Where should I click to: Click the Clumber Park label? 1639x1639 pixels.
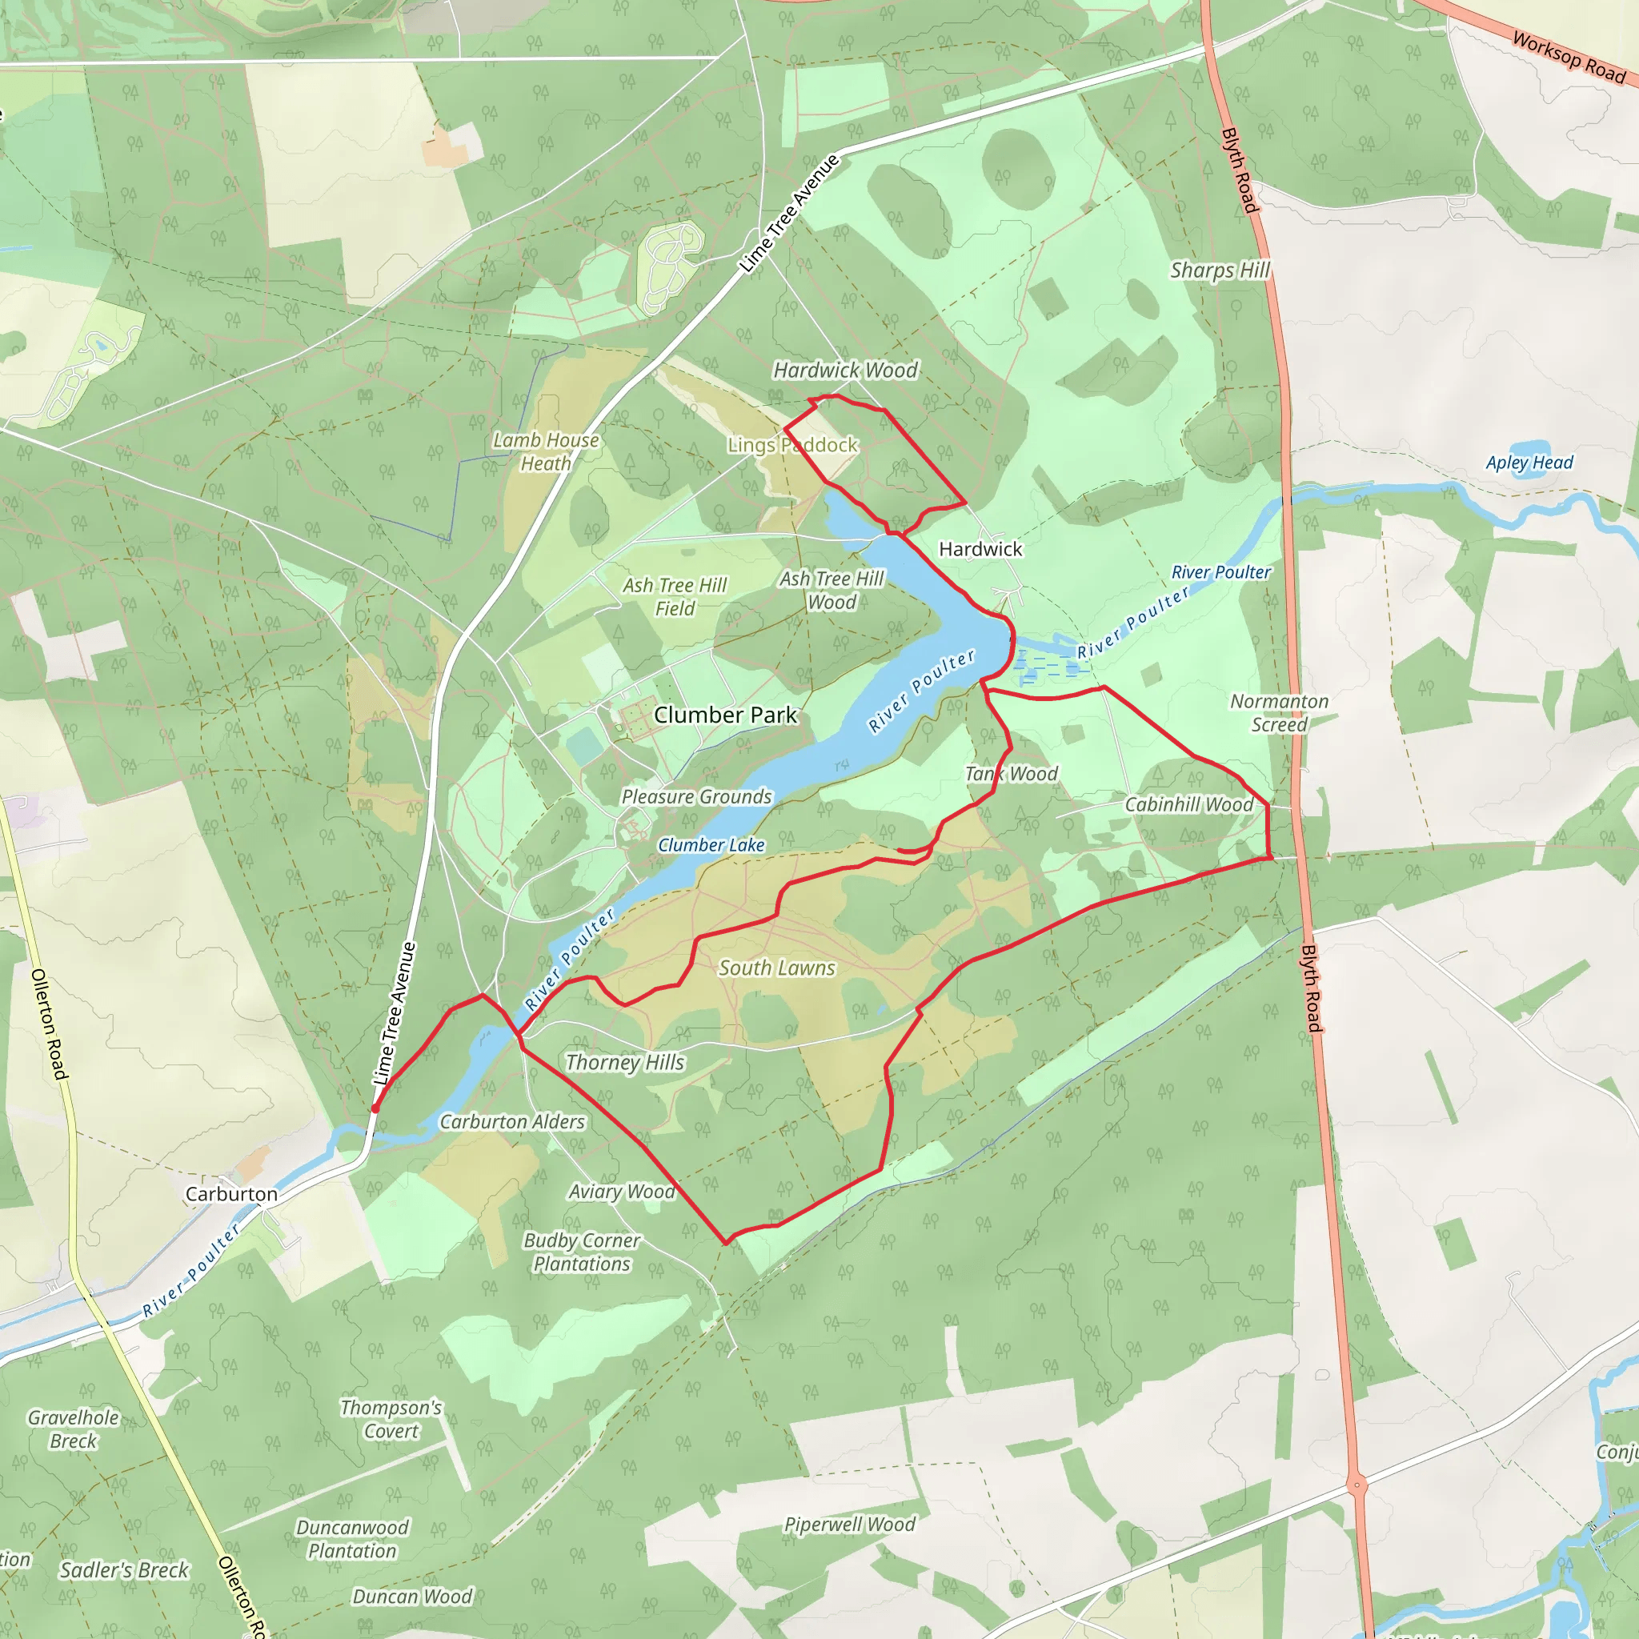click(725, 715)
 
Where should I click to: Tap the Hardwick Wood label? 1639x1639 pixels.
click(845, 370)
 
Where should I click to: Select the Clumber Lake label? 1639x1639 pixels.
click(711, 845)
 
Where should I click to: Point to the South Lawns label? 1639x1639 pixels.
click(776, 968)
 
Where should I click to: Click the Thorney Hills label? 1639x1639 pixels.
click(624, 1062)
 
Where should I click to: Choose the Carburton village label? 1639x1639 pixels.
click(230, 1193)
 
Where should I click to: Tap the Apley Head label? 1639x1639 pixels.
click(1529, 463)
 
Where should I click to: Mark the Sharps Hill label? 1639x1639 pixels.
click(1220, 270)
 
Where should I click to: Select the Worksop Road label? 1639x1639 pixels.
click(1569, 57)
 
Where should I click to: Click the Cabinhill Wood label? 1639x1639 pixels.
click(1188, 804)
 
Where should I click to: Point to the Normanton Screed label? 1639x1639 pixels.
click(1280, 712)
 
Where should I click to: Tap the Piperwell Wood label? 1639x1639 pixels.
click(849, 1525)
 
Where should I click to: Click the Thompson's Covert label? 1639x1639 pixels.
click(391, 1419)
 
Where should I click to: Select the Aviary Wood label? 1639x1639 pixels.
click(622, 1192)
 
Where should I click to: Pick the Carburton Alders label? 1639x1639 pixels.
click(511, 1121)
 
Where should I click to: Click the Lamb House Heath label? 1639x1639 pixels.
click(546, 451)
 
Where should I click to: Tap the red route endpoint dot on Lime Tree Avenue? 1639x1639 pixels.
click(375, 1108)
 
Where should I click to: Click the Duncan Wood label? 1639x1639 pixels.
click(411, 1597)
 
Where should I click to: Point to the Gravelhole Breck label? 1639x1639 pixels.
click(73, 1429)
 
